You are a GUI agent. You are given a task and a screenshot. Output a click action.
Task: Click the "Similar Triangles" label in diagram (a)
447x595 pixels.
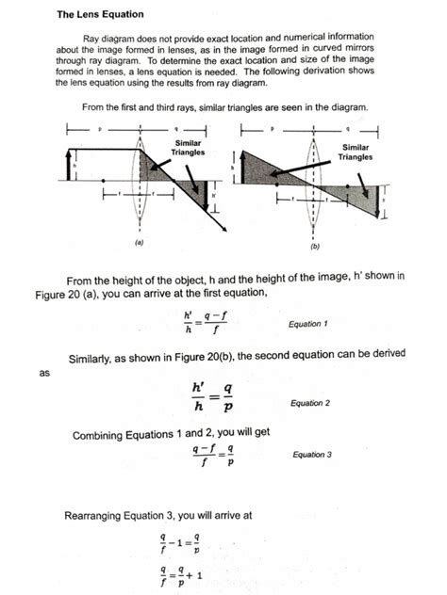(187, 147)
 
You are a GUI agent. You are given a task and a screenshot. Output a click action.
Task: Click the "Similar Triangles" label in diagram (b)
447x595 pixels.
(356, 153)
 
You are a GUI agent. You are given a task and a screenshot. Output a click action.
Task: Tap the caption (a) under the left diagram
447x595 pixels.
(139, 241)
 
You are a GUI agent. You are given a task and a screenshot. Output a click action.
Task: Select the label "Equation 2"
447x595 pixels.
(310, 403)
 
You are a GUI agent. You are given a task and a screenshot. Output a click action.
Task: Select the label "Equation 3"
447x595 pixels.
(312, 455)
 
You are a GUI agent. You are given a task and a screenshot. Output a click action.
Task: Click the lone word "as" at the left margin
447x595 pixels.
(43, 373)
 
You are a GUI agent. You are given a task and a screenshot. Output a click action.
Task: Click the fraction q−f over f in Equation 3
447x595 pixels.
(201, 456)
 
